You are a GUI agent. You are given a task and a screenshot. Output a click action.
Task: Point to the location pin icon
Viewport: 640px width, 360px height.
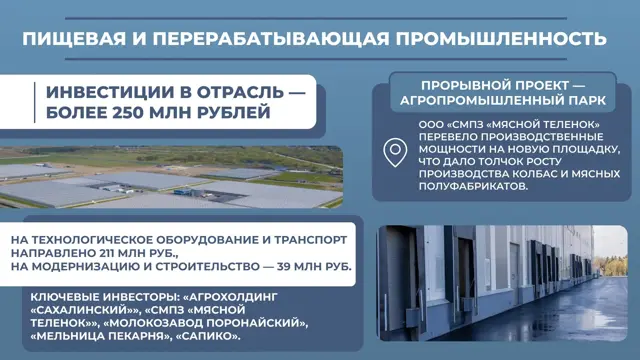(x=395, y=152)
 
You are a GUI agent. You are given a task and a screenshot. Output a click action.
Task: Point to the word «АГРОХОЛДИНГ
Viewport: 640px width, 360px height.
(x=231, y=297)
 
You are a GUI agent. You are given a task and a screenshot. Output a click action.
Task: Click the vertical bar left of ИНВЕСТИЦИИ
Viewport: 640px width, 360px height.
(x=34, y=102)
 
